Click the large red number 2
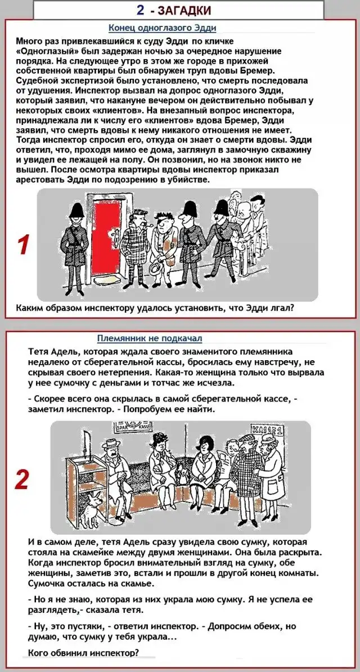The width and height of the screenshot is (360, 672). tap(21, 480)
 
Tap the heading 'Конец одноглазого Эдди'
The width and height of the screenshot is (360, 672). tap(163, 28)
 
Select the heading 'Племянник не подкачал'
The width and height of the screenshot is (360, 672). tap(150, 339)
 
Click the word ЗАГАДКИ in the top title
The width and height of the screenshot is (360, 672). tap(184, 10)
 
